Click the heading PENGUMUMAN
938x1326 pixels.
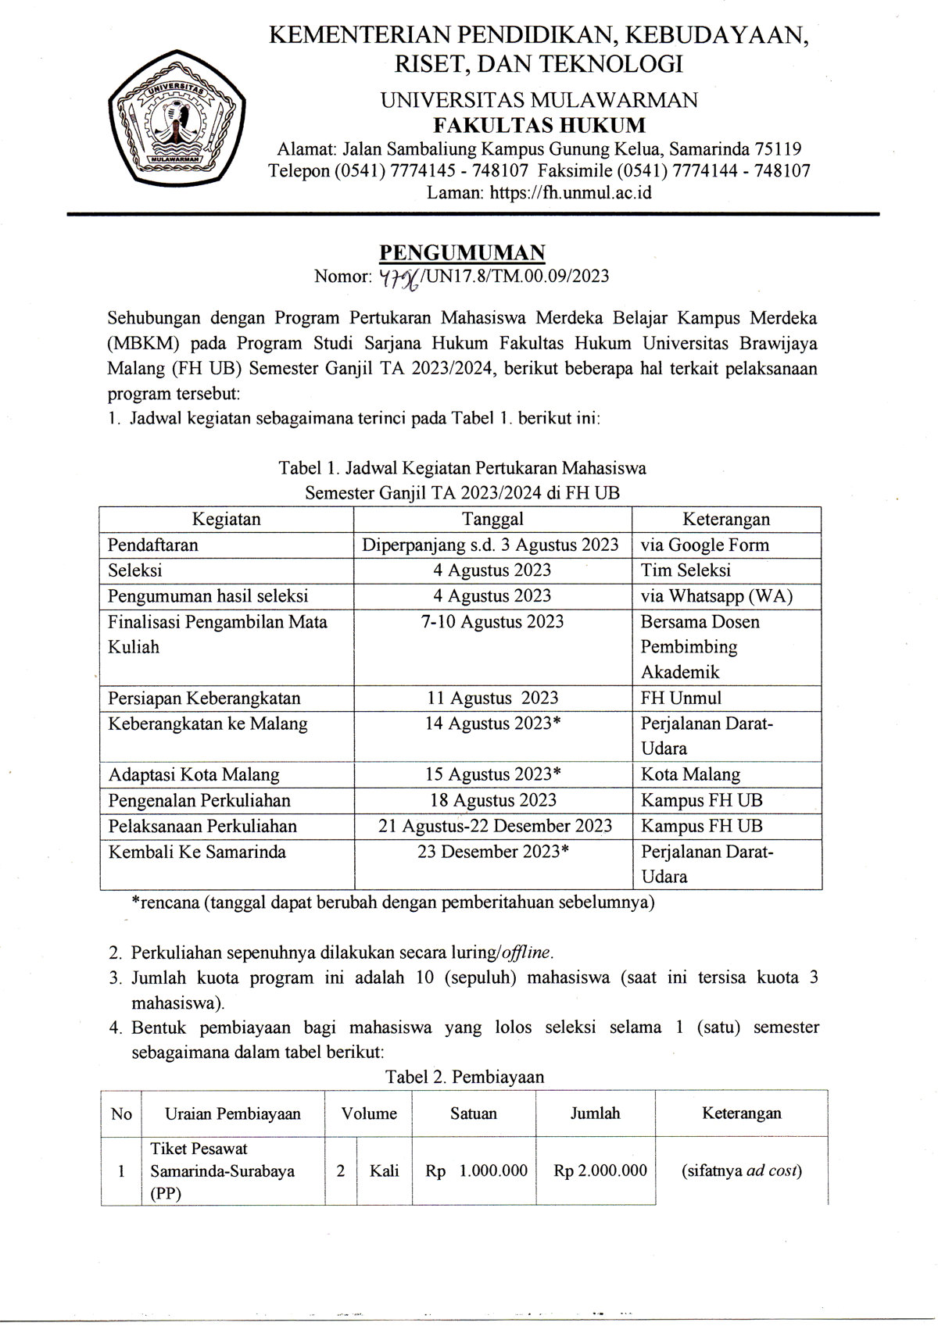pos(461,252)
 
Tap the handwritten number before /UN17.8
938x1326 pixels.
pos(399,277)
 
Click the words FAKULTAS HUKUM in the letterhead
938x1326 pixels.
pos(539,125)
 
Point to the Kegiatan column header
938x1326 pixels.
pos(227,519)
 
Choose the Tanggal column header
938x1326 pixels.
pos(492,519)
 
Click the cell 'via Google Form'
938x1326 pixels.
pos(704,545)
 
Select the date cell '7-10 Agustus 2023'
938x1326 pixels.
pos(492,621)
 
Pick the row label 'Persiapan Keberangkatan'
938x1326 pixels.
pos(204,698)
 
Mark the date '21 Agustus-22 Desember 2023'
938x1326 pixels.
pos(495,826)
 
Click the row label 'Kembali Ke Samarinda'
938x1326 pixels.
pos(197,852)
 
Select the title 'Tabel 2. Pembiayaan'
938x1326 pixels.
pos(464,1077)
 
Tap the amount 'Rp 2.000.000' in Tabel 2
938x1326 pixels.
pos(600,1171)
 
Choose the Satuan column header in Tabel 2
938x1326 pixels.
pos(473,1113)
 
